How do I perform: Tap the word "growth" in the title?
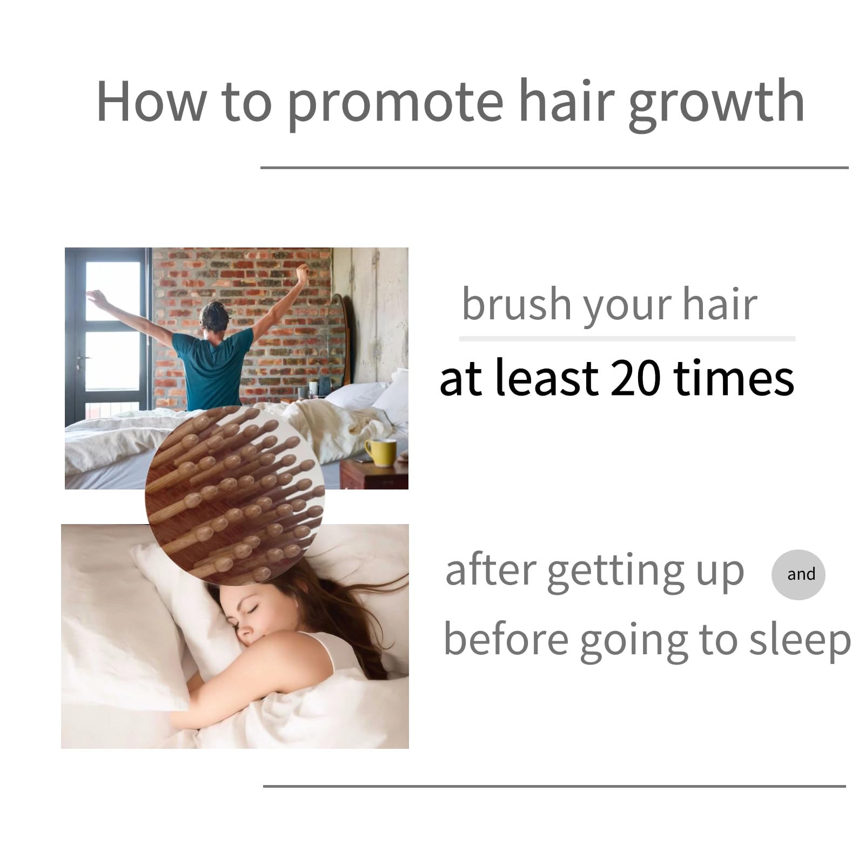click(716, 102)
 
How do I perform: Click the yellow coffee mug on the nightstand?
click(380, 452)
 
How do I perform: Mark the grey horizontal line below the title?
click(555, 167)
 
